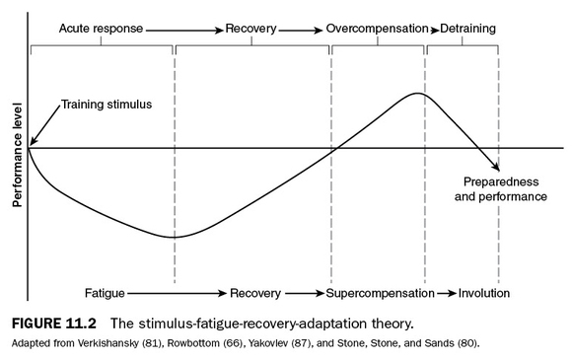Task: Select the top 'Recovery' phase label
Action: (x=250, y=29)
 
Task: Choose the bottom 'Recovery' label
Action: (x=255, y=293)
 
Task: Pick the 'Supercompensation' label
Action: (x=380, y=293)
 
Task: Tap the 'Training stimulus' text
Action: (x=107, y=105)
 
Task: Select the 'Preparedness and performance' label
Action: (x=500, y=189)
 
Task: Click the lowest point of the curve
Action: (x=174, y=237)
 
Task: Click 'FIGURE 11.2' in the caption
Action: (x=60, y=323)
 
